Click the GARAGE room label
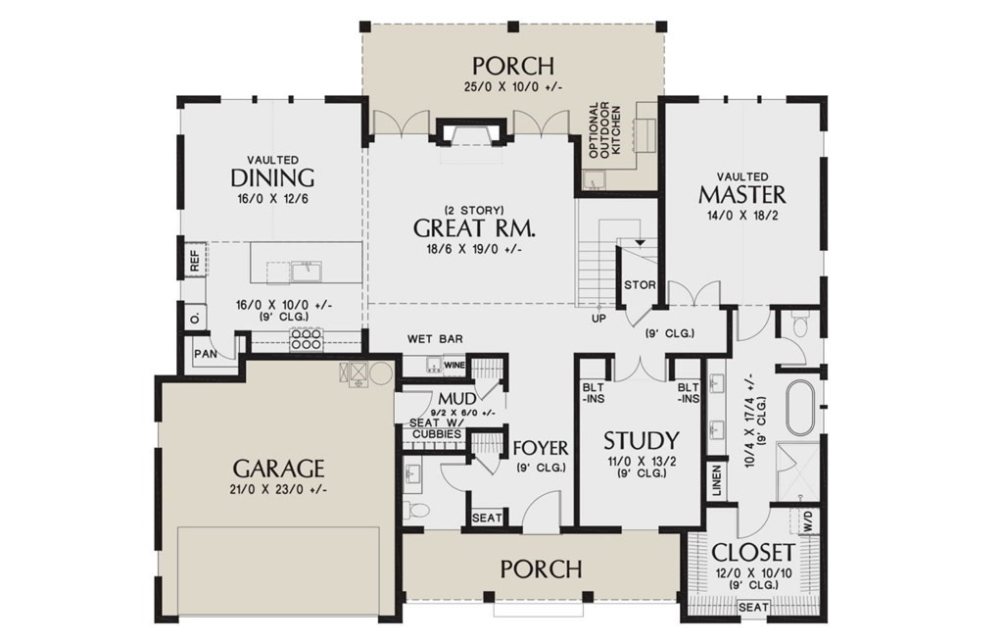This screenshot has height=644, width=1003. point(279,469)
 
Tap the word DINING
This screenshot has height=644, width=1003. point(272,177)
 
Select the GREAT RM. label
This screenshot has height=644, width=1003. point(474,227)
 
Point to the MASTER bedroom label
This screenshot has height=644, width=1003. point(742,194)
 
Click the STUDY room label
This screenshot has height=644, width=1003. point(642,440)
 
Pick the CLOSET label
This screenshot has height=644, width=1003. point(753,552)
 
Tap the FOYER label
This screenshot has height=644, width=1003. point(541,448)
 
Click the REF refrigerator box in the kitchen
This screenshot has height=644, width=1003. point(195,260)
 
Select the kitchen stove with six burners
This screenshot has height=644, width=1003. point(306,338)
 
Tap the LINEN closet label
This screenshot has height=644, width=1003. point(716,480)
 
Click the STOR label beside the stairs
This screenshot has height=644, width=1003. point(640,285)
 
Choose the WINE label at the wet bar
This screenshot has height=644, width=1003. point(454,365)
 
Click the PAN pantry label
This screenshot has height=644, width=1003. point(206,354)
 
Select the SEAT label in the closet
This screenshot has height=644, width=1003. point(753,607)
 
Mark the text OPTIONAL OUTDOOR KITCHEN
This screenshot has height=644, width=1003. point(604,131)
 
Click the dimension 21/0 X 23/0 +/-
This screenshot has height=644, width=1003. point(279,490)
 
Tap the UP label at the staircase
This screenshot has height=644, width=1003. point(598,319)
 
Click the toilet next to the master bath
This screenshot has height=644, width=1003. point(799,325)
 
